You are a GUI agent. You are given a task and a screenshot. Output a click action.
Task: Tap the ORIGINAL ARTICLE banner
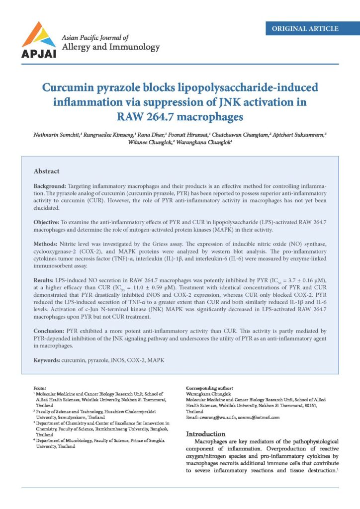pyautogui.click(x=305, y=28)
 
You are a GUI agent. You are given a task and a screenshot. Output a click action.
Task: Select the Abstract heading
pyautogui.click(x=47, y=171)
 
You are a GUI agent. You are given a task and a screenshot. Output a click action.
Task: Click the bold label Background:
pyautogui.click(x=50, y=185)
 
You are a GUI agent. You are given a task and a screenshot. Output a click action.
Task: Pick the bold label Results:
pyautogui.click(x=46, y=281)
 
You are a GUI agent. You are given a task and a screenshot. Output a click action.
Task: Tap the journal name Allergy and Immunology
pyautogui.click(x=110, y=48)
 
